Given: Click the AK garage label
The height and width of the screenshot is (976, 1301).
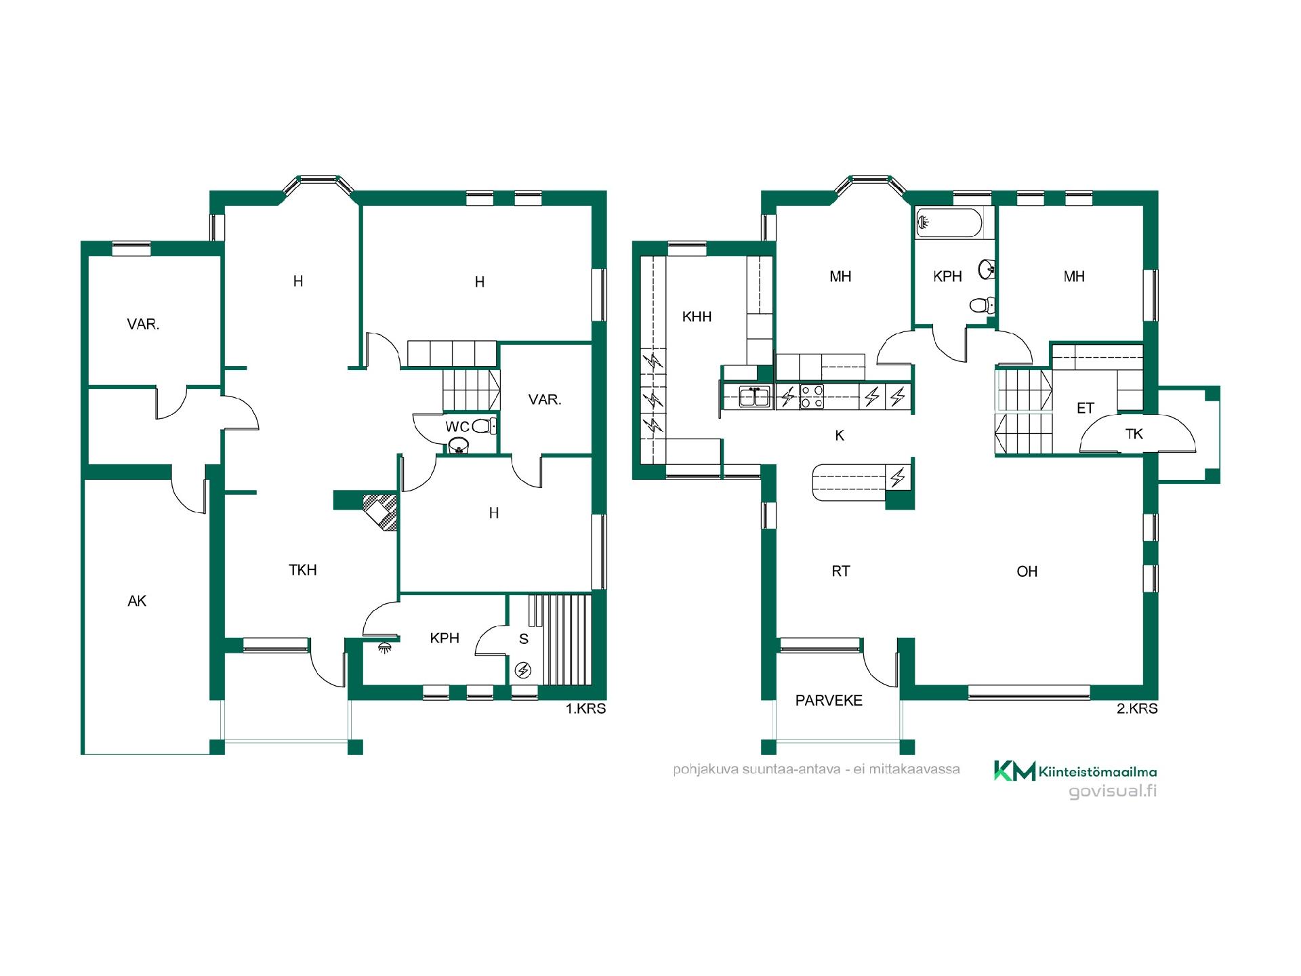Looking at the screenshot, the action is [137, 601].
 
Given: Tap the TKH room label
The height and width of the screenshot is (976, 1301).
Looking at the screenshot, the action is [303, 570].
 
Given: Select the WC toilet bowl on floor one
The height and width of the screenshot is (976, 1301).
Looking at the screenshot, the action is [483, 426].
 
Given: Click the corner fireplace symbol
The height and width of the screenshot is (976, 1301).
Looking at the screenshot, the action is [380, 512].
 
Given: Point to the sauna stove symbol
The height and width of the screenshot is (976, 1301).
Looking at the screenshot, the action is [523, 670].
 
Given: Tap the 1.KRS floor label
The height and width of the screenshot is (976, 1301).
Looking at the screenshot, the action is [586, 709].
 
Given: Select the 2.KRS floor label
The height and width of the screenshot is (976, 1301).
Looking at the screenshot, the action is [1137, 709].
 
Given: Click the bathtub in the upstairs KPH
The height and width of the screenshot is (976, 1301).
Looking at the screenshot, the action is [948, 224].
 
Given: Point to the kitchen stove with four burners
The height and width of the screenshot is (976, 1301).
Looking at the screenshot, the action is [811, 396].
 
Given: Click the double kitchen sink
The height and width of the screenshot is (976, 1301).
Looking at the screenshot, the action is [754, 396].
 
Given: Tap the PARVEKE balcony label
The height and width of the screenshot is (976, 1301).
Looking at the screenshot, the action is [829, 700].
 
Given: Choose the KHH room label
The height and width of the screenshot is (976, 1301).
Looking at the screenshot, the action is [697, 317].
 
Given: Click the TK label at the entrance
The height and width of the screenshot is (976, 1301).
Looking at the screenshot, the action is [1134, 434].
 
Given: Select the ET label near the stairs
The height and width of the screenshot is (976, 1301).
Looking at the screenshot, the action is [1086, 408].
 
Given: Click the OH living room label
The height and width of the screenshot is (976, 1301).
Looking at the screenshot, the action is [1027, 571].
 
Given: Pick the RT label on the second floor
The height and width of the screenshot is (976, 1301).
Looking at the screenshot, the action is [840, 571].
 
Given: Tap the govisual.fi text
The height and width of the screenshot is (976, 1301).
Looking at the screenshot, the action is [1113, 791].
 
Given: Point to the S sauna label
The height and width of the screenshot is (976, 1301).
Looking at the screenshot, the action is [524, 639].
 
